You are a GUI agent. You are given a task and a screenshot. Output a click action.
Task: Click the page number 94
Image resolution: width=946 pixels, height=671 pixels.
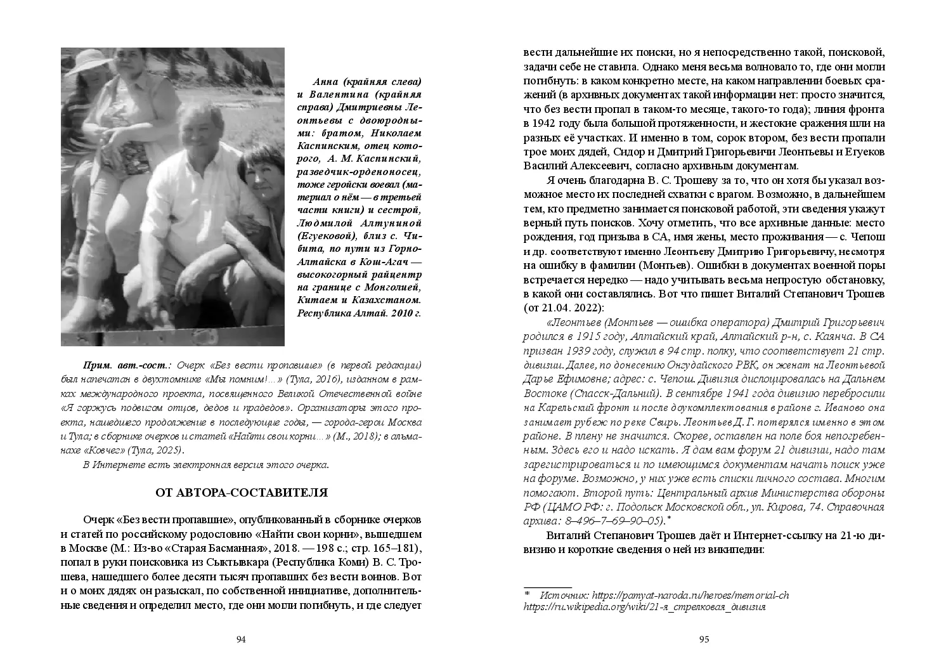point(240,639)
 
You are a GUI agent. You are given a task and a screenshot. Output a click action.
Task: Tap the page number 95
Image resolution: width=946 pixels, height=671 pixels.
point(704,639)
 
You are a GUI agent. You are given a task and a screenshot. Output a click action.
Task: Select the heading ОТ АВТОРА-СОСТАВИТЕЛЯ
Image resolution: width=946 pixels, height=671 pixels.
point(242,493)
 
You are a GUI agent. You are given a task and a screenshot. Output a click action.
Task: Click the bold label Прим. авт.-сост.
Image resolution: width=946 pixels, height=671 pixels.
point(127,366)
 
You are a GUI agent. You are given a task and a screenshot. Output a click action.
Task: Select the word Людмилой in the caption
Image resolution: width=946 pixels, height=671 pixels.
point(324,224)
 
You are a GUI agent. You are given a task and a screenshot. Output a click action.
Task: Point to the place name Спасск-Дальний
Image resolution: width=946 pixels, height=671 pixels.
point(604,393)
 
